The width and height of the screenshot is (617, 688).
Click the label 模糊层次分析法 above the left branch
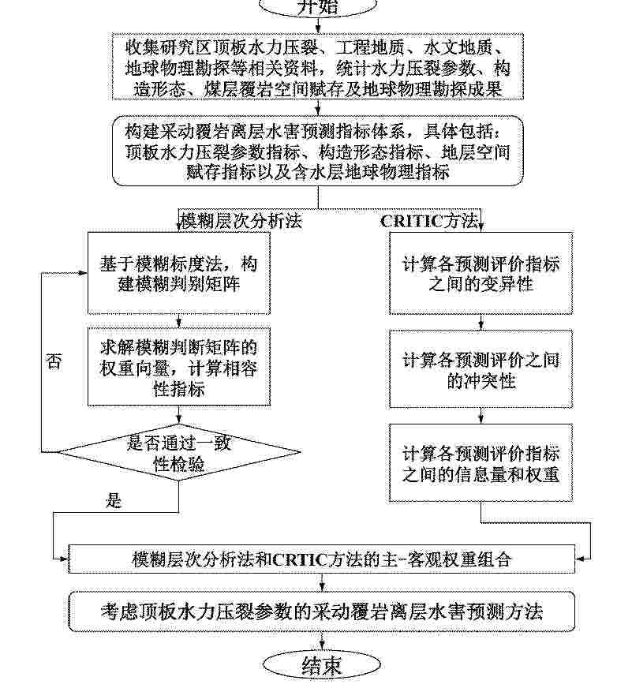point(241,220)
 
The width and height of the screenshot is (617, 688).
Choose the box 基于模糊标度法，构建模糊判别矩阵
point(181,273)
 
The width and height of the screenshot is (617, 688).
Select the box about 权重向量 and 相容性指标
point(181,367)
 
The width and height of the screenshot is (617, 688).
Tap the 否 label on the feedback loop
point(54,361)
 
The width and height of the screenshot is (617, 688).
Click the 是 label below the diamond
point(114,499)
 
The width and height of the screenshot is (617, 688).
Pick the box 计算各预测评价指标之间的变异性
point(481,273)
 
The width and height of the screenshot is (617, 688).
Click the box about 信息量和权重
point(481,464)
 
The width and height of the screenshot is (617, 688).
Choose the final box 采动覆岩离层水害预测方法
point(322,611)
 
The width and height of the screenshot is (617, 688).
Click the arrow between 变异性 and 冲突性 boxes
point(481,322)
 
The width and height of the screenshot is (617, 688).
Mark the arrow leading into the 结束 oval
point(322,642)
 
